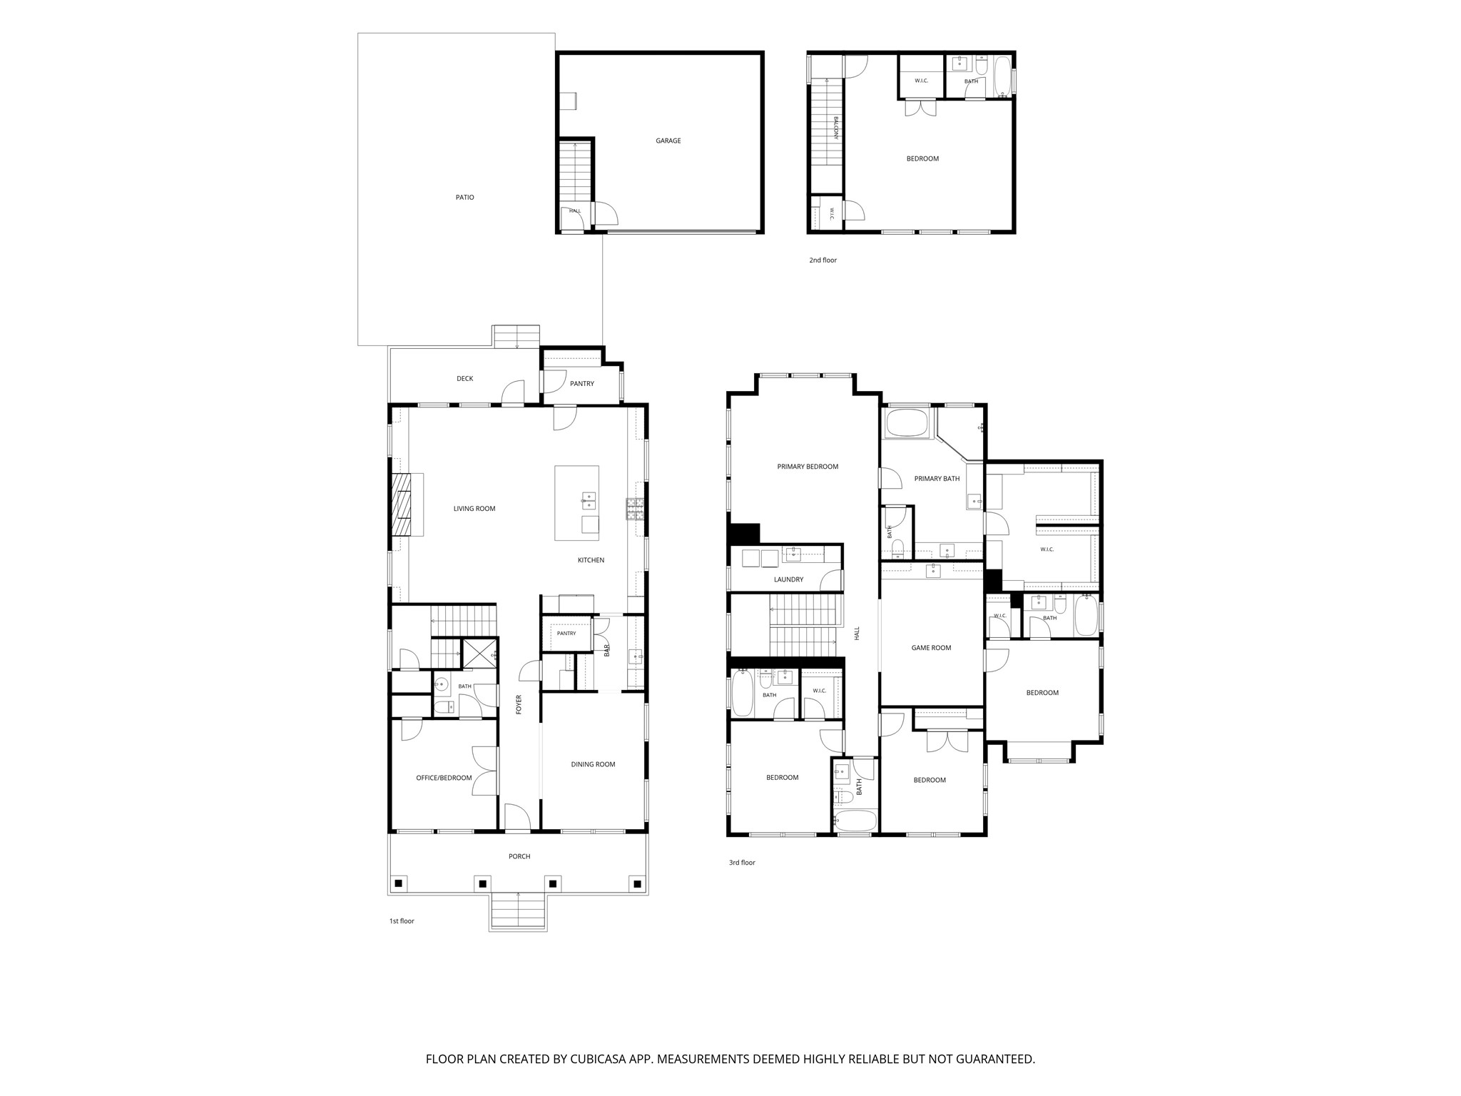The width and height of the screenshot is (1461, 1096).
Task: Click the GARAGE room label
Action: click(668, 141)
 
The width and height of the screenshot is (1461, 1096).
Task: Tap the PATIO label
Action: click(465, 198)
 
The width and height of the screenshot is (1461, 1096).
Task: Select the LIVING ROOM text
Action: click(474, 509)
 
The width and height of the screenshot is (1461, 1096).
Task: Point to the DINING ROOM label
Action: click(593, 764)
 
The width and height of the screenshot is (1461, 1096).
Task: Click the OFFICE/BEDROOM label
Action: click(444, 778)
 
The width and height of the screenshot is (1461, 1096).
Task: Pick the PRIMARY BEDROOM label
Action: click(808, 467)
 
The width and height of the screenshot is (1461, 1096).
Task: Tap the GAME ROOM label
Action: click(931, 648)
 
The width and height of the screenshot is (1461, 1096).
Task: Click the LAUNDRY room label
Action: click(788, 579)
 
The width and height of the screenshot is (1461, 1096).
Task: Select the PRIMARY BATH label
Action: click(937, 479)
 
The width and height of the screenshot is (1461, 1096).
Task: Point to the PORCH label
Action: click(519, 856)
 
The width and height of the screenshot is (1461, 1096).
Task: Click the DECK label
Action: click(464, 379)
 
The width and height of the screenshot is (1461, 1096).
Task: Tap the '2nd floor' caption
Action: click(823, 260)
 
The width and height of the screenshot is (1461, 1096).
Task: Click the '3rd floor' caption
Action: click(742, 863)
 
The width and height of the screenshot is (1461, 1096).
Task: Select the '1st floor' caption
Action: click(402, 921)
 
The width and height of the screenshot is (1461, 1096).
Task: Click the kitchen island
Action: click(577, 503)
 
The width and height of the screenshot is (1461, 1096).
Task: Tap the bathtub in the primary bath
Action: click(908, 424)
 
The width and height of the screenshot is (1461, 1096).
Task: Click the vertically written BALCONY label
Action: click(835, 128)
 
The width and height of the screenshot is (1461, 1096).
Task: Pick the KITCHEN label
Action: click(591, 560)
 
